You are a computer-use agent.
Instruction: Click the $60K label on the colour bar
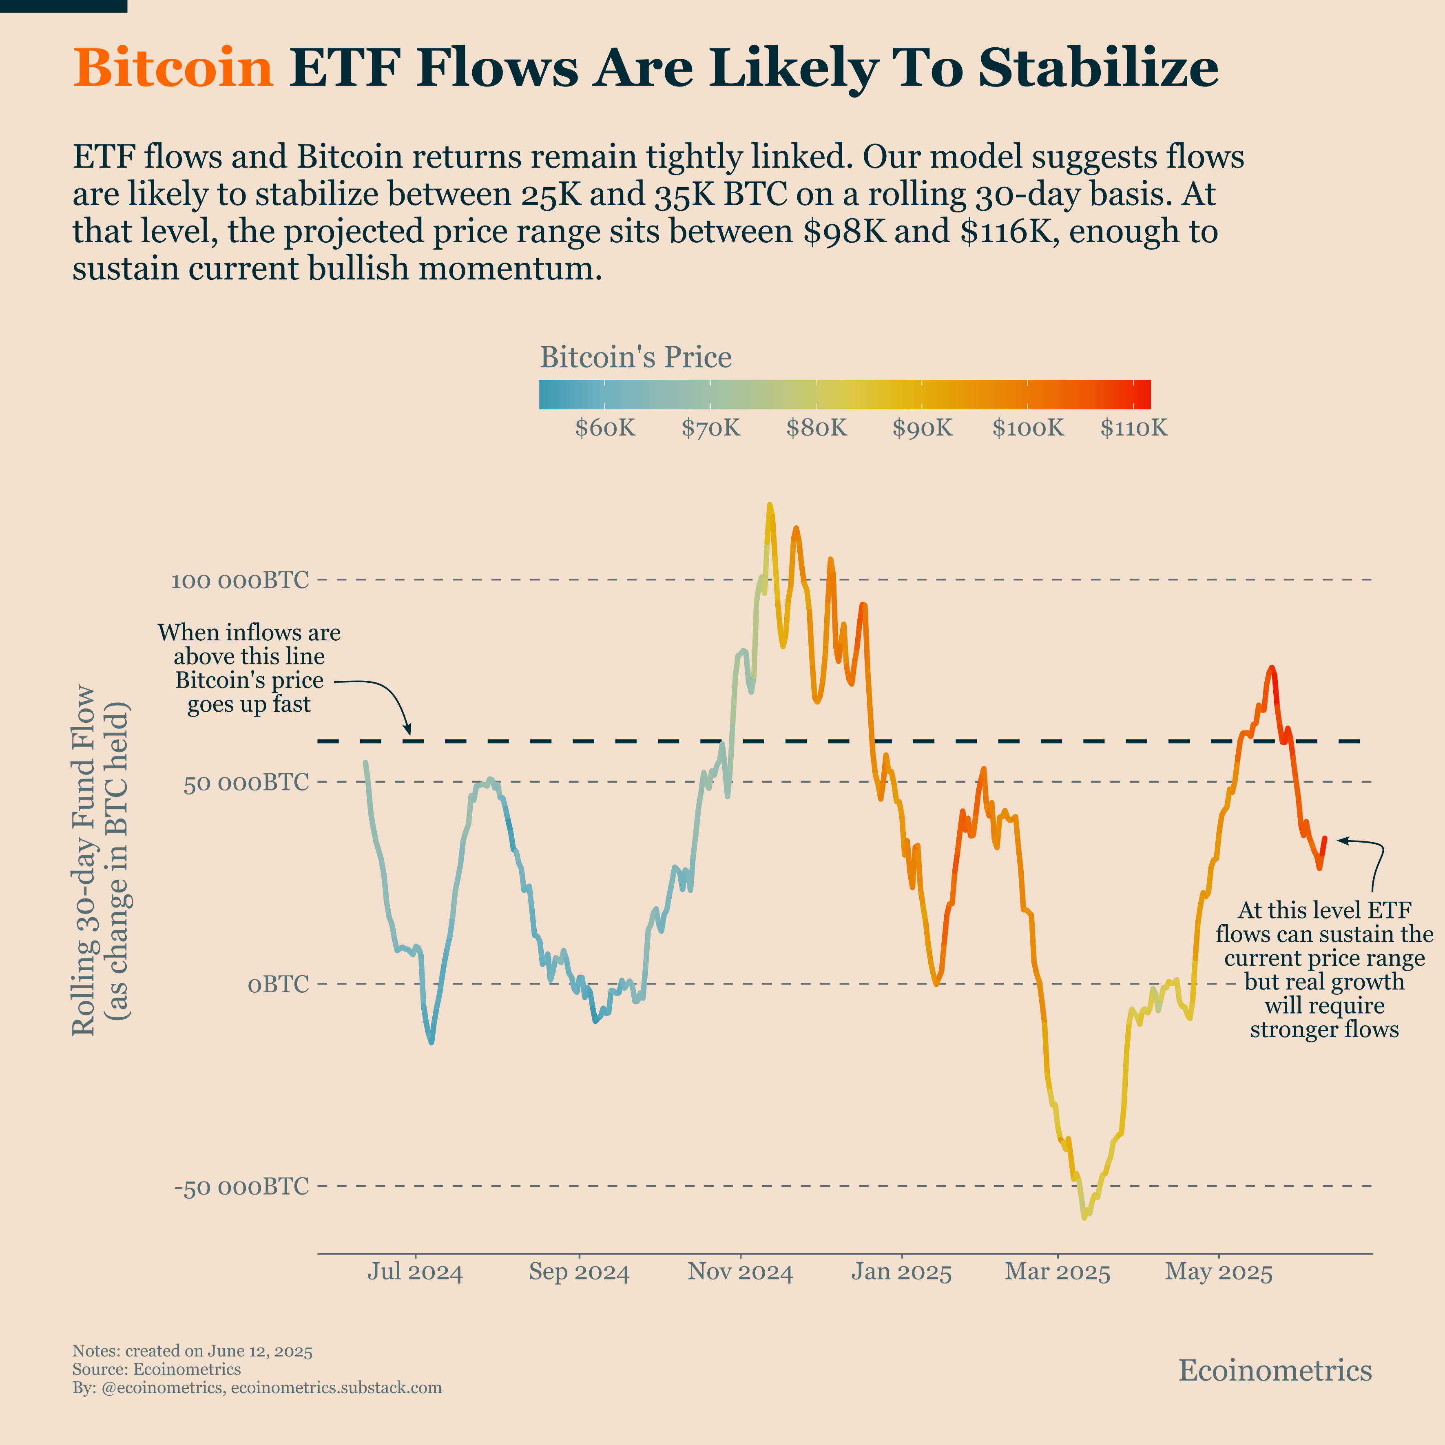pyautogui.click(x=604, y=429)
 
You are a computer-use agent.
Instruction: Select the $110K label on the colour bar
pyautogui.click(x=1133, y=429)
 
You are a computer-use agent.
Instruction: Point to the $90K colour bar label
pyautogui.click(x=922, y=429)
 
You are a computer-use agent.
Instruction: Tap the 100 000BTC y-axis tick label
pyautogui.click(x=239, y=580)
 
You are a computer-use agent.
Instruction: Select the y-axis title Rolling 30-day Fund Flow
pyautogui.click(x=84, y=860)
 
